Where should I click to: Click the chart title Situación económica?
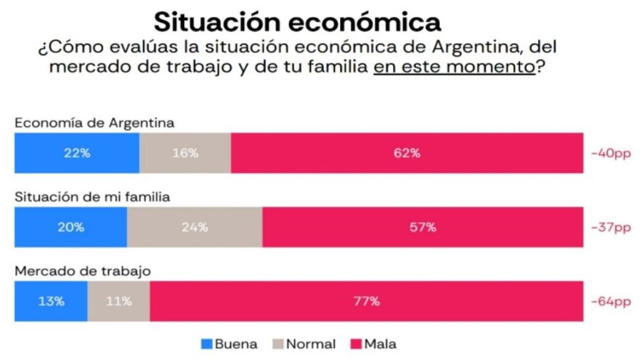pos(297,21)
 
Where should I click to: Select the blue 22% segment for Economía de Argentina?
pos(76,153)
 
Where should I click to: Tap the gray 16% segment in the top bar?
pos(185,153)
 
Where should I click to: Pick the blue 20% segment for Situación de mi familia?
pos(71,227)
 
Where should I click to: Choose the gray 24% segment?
pos(194,227)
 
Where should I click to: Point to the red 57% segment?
pos(422,227)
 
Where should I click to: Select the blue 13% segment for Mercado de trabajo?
pos(51,301)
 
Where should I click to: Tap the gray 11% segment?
pos(118,301)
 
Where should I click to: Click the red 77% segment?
pos(366,301)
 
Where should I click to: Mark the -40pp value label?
pos(611,153)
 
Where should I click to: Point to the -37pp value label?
pos(611,227)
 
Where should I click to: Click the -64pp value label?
pos(611,301)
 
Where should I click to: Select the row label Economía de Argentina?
pos(94,123)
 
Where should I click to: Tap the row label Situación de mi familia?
pos(92,197)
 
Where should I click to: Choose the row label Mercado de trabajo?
pos(82,271)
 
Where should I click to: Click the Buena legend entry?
pos(229,344)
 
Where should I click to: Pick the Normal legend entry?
pos(302,344)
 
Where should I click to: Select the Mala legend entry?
pos(372,344)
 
